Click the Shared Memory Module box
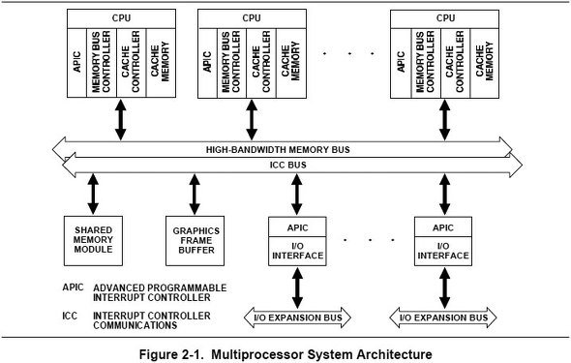[x=93, y=241]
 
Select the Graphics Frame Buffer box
[x=195, y=241]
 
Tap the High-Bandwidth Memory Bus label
[x=278, y=150]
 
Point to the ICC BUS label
[x=288, y=165]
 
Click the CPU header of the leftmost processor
[x=121, y=18]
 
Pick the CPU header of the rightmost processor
[x=444, y=18]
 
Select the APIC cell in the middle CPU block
[x=207, y=63]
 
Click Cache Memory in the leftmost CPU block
[x=161, y=63]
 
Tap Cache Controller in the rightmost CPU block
[x=455, y=63]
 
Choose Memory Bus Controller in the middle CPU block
[x=231, y=63]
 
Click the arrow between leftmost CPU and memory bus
[x=121, y=120]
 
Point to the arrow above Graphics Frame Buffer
[x=195, y=195]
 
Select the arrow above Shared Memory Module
[x=93, y=195]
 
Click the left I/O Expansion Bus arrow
[x=297, y=318]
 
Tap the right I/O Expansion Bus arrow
[x=443, y=318]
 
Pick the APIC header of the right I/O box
[x=443, y=227]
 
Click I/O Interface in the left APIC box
[x=297, y=251]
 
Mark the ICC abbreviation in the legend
[x=70, y=316]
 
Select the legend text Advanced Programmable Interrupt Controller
[x=160, y=292]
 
